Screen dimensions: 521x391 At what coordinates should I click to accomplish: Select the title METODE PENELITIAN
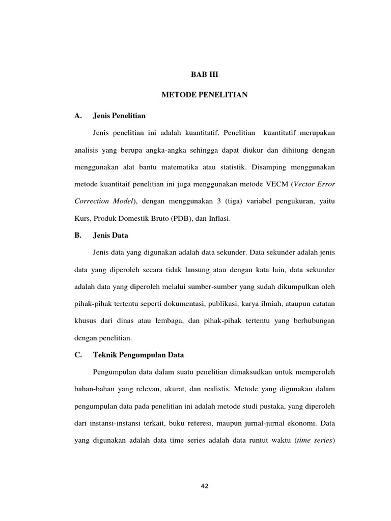click(x=204, y=95)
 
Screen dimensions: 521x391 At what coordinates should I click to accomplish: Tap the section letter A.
click(x=78, y=116)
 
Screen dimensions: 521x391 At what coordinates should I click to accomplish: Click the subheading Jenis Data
click(x=110, y=236)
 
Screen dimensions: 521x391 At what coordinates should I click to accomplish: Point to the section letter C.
click(x=78, y=355)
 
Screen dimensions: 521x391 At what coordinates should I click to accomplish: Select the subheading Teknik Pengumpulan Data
click(x=138, y=355)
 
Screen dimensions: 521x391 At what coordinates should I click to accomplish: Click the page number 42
click(x=205, y=486)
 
